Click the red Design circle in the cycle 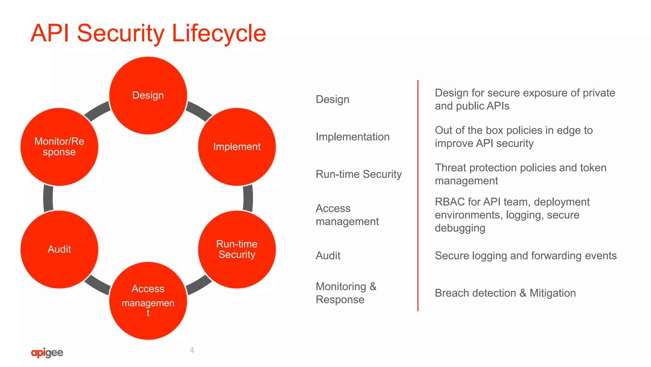point(148,95)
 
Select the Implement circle point(237,147)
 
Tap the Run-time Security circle point(237,249)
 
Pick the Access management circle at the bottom point(148,300)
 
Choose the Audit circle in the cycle point(59,249)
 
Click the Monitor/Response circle point(59,147)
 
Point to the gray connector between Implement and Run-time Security point(248,198)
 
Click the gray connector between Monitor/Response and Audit point(48,198)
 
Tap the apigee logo point(47,353)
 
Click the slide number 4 point(192,350)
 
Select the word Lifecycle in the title point(219,33)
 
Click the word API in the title point(50,33)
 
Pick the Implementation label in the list point(353,137)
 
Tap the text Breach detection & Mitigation point(505,293)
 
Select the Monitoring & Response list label point(346,293)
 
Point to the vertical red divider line point(418,195)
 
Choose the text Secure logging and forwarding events point(525,256)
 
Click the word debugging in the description point(460,228)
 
